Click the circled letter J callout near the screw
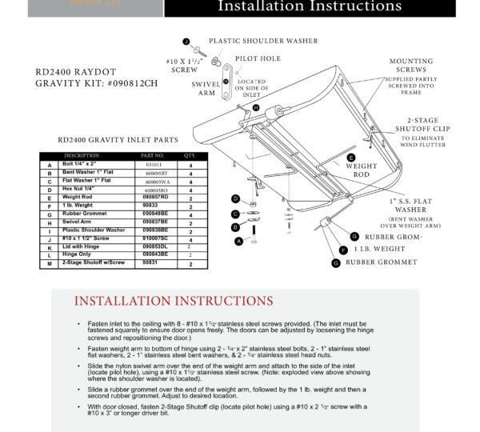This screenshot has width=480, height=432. pos(186,41)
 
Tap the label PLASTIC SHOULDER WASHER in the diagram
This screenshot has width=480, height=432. pos(263,41)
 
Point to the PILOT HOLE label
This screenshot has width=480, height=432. pos(258,59)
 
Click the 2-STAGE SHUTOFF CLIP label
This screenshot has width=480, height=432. pos(422,126)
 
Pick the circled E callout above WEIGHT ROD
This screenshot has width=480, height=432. pos(350,158)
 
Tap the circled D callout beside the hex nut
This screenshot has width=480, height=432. pos(234,198)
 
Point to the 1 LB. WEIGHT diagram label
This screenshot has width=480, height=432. pos(382,250)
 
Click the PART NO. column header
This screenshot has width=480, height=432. pos(152,155)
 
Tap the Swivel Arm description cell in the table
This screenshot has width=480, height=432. pos(78,221)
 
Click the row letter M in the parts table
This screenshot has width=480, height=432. pos(50,262)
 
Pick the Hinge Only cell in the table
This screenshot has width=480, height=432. pos(78,254)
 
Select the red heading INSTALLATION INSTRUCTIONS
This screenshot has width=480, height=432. pos(174,301)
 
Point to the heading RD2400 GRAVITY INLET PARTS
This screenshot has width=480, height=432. pos(118,139)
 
